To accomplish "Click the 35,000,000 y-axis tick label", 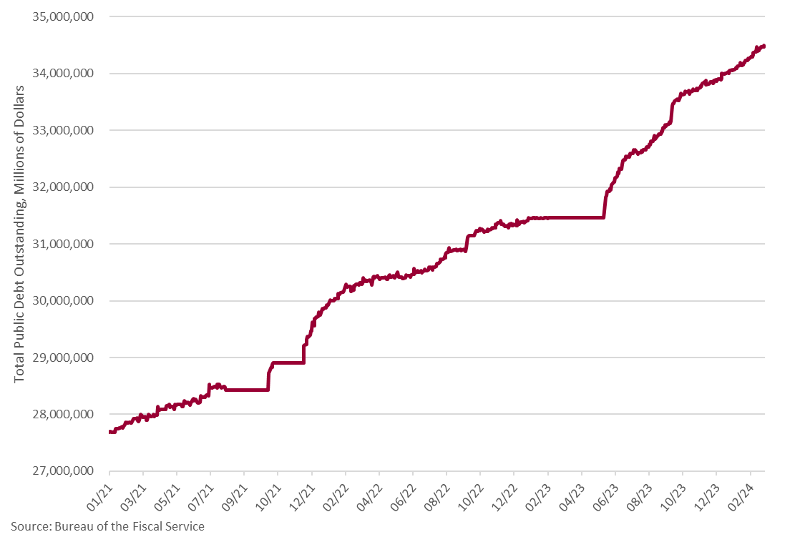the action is pyautogui.click(x=63, y=16).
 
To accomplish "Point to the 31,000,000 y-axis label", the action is pyautogui.click(x=63, y=244).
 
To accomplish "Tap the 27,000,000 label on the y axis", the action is pyautogui.click(x=63, y=471).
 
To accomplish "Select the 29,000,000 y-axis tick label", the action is pyautogui.click(x=63, y=358).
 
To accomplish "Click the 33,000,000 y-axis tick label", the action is pyautogui.click(x=63, y=130).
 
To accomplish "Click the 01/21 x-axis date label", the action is pyautogui.click(x=99, y=497).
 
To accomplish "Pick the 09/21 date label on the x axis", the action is pyautogui.click(x=234, y=497).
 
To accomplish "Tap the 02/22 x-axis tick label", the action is pyautogui.click(x=336, y=497).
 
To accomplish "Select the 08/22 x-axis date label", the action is pyautogui.click(x=436, y=497).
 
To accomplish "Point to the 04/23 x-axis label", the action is pyautogui.click(x=572, y=497).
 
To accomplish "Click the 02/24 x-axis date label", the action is pyautogui.click(x=741, y=497).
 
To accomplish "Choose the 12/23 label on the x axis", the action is pyautogui.click(x=706, y=497).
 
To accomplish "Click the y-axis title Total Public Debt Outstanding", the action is pyautogui.click(x=19, y=234).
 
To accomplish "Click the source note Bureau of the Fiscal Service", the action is pyautogui.click(x=130, y=527).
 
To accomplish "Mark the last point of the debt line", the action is pyautogui.click(x=764, y=46).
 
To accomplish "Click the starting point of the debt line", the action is pyautogui.click(x=110, y=433).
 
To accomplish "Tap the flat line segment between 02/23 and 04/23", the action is pyautogui.click(x=575, y=218).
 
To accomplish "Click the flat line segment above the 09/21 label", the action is pyautogui.click(x=246, y=390).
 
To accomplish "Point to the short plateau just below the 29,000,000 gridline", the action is pyautogui.click(x=288, y=363).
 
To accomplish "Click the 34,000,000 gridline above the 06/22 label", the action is pyautogui.click(x=414, y=74).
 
